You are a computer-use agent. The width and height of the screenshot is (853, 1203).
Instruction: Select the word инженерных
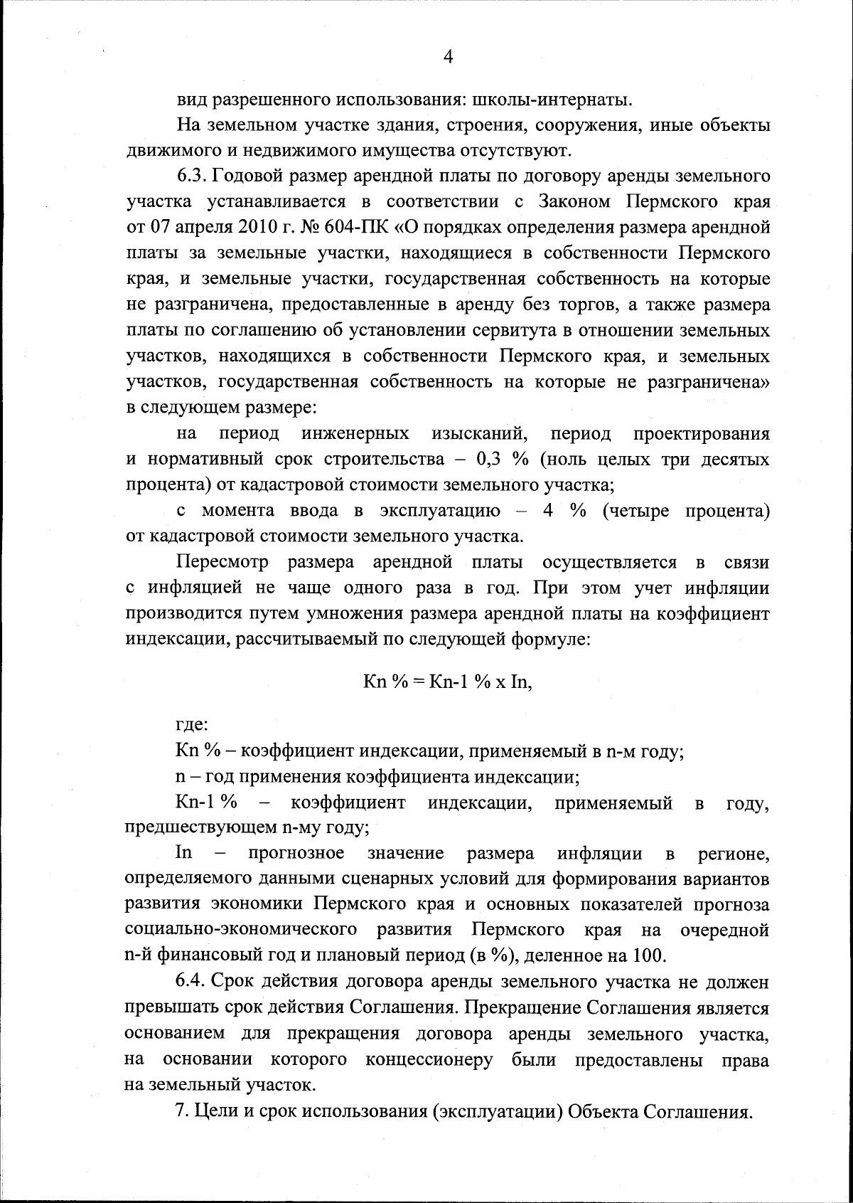(x=355, y=434)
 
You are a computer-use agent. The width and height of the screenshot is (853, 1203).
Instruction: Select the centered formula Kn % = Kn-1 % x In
(x=447, y=682)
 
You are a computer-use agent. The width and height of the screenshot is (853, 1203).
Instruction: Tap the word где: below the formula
(x=191, y=726)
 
